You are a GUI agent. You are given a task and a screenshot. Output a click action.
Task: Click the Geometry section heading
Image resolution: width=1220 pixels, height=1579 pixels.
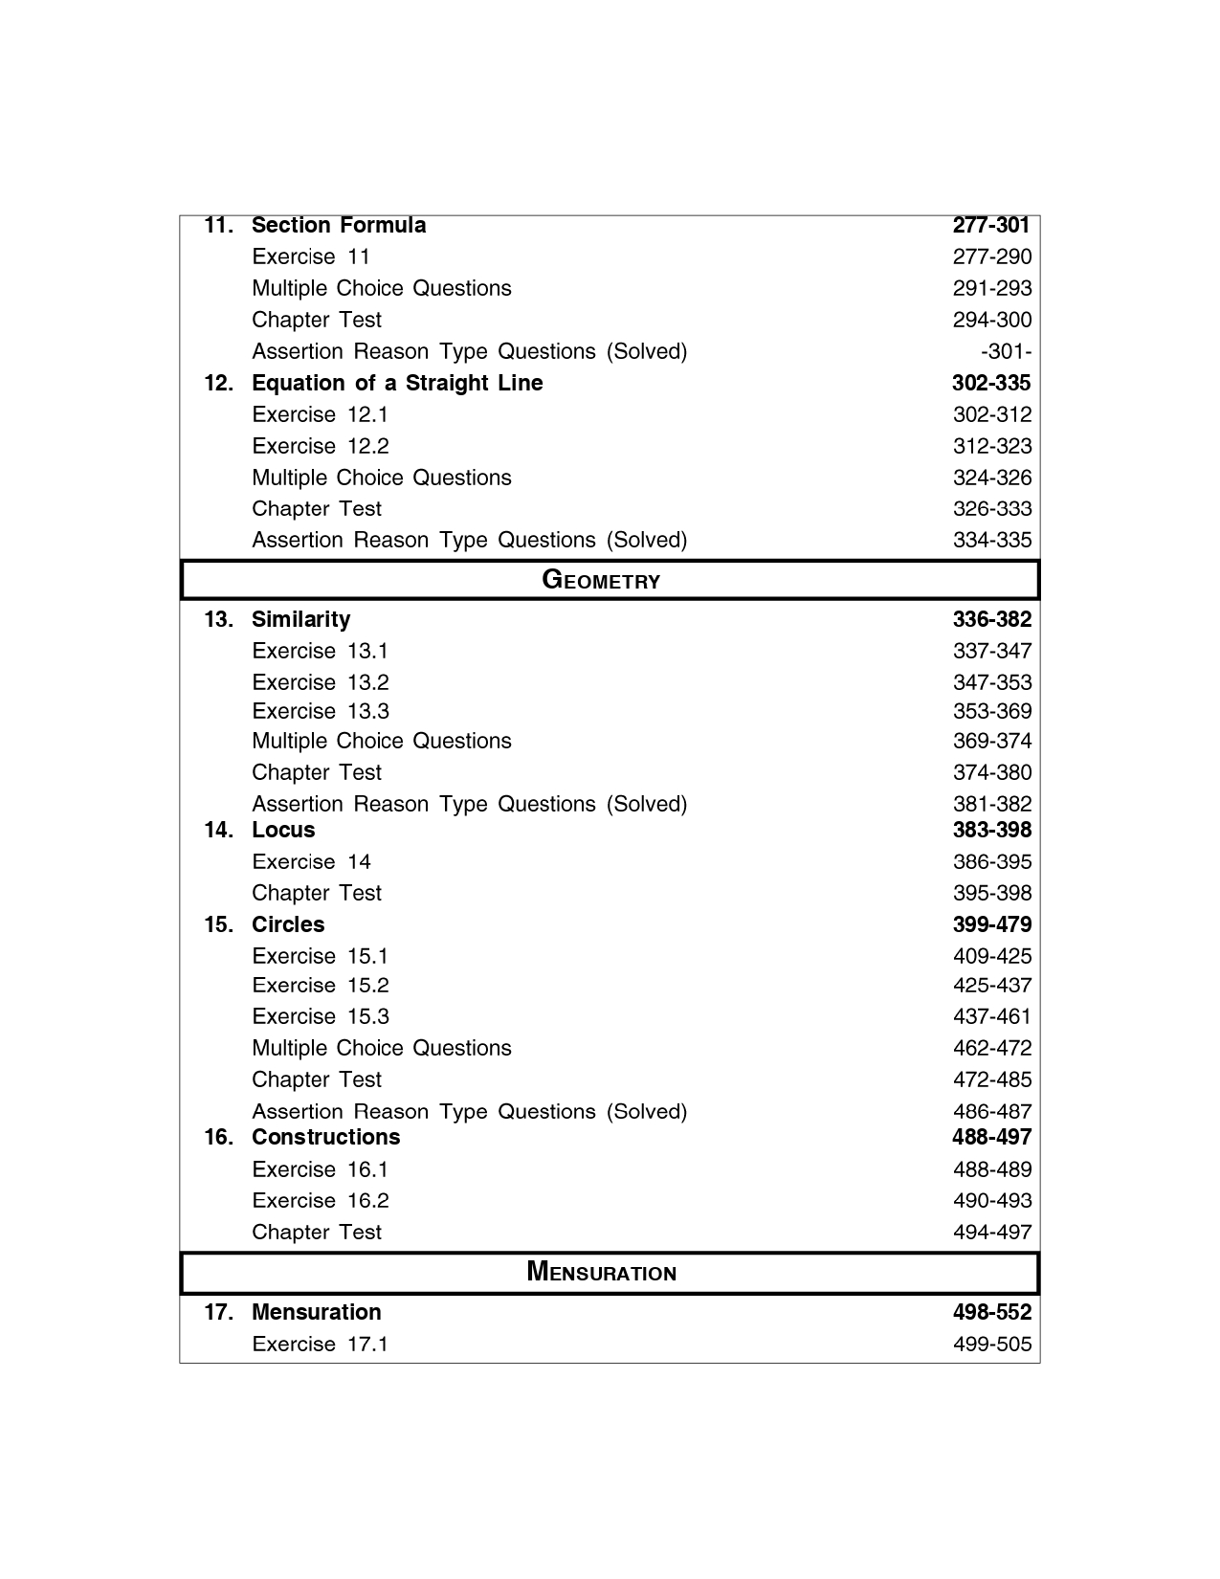coord(601,580)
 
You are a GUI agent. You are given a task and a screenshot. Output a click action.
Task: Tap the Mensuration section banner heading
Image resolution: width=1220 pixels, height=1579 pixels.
coord(601,1272)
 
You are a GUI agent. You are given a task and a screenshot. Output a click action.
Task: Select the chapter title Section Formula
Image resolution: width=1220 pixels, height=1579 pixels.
coord(339,226)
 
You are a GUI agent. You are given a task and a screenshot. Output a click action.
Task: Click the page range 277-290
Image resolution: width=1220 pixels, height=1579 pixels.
coord(992,256)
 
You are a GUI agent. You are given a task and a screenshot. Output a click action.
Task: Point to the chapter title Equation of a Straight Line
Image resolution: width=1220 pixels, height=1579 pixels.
coord(397,383)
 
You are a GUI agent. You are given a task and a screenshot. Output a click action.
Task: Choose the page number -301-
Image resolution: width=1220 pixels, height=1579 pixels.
coord(1006,351)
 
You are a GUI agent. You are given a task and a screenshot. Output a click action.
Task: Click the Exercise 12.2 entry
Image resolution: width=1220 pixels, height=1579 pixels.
coord(321,446)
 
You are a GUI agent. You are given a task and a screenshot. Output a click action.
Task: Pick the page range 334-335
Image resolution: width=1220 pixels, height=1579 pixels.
coord(992,540)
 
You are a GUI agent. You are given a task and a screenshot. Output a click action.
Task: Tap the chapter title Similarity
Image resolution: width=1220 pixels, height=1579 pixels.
coord(300,619)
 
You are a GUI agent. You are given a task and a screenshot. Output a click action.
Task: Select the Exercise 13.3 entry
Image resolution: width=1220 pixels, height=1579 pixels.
coord(321,711)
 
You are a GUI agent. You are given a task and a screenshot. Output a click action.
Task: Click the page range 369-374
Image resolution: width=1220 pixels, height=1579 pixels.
coord(992,741)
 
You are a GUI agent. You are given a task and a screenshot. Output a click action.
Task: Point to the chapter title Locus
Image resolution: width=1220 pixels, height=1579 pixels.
coord(283,830)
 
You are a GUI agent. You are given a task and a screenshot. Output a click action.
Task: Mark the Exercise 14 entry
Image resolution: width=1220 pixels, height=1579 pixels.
coord(311,861)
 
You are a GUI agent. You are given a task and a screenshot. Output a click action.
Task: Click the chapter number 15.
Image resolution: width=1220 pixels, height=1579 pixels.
coord(218,924)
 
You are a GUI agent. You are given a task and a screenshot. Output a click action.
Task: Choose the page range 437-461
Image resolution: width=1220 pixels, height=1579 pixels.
coord(992,1016)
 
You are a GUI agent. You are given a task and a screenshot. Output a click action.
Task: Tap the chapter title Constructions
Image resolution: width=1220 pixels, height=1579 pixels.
coord(325,1137)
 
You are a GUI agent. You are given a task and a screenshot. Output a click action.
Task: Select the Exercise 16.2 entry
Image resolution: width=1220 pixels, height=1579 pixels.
coord(321,1200)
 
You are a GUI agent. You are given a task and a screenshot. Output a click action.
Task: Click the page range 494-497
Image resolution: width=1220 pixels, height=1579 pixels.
coord(992,1232)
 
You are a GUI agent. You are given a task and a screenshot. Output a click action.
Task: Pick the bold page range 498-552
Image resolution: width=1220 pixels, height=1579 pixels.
coord(992,1312)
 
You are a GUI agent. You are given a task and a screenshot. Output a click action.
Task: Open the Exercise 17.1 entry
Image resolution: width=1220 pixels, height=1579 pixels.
coord(321,1344)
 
